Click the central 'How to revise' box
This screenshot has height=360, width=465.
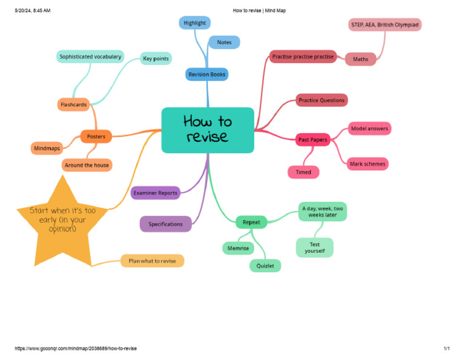[x=208, y=130]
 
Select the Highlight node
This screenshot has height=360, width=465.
[x=194, y=23]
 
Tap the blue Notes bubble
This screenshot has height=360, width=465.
[x=224, y=42]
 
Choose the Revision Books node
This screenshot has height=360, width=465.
[x=206, y=75]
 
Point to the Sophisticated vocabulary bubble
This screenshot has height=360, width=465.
[x=90, y=57]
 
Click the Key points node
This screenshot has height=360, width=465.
[x=156, y=58]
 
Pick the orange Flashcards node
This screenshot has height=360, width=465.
[x=73, y=104]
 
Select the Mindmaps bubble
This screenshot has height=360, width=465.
[x=47, y=148]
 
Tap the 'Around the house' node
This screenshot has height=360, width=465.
[x=87, y=165]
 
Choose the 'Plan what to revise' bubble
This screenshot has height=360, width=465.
[x=152, y=261]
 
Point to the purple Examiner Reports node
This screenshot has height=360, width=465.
[x=156, y=193]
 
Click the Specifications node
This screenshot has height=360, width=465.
[x=165, y=224]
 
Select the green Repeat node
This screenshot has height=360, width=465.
[x=251, y=222]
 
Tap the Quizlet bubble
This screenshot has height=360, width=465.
[x=265, y=266]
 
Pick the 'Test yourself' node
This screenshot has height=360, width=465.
[x=315, y=247]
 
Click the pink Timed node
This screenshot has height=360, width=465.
[x=303, y=172]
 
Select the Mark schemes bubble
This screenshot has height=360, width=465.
[x=368, y=164]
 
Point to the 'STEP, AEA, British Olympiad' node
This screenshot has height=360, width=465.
[x=385, y=25]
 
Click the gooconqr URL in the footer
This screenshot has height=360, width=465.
[x=76, y=348]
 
